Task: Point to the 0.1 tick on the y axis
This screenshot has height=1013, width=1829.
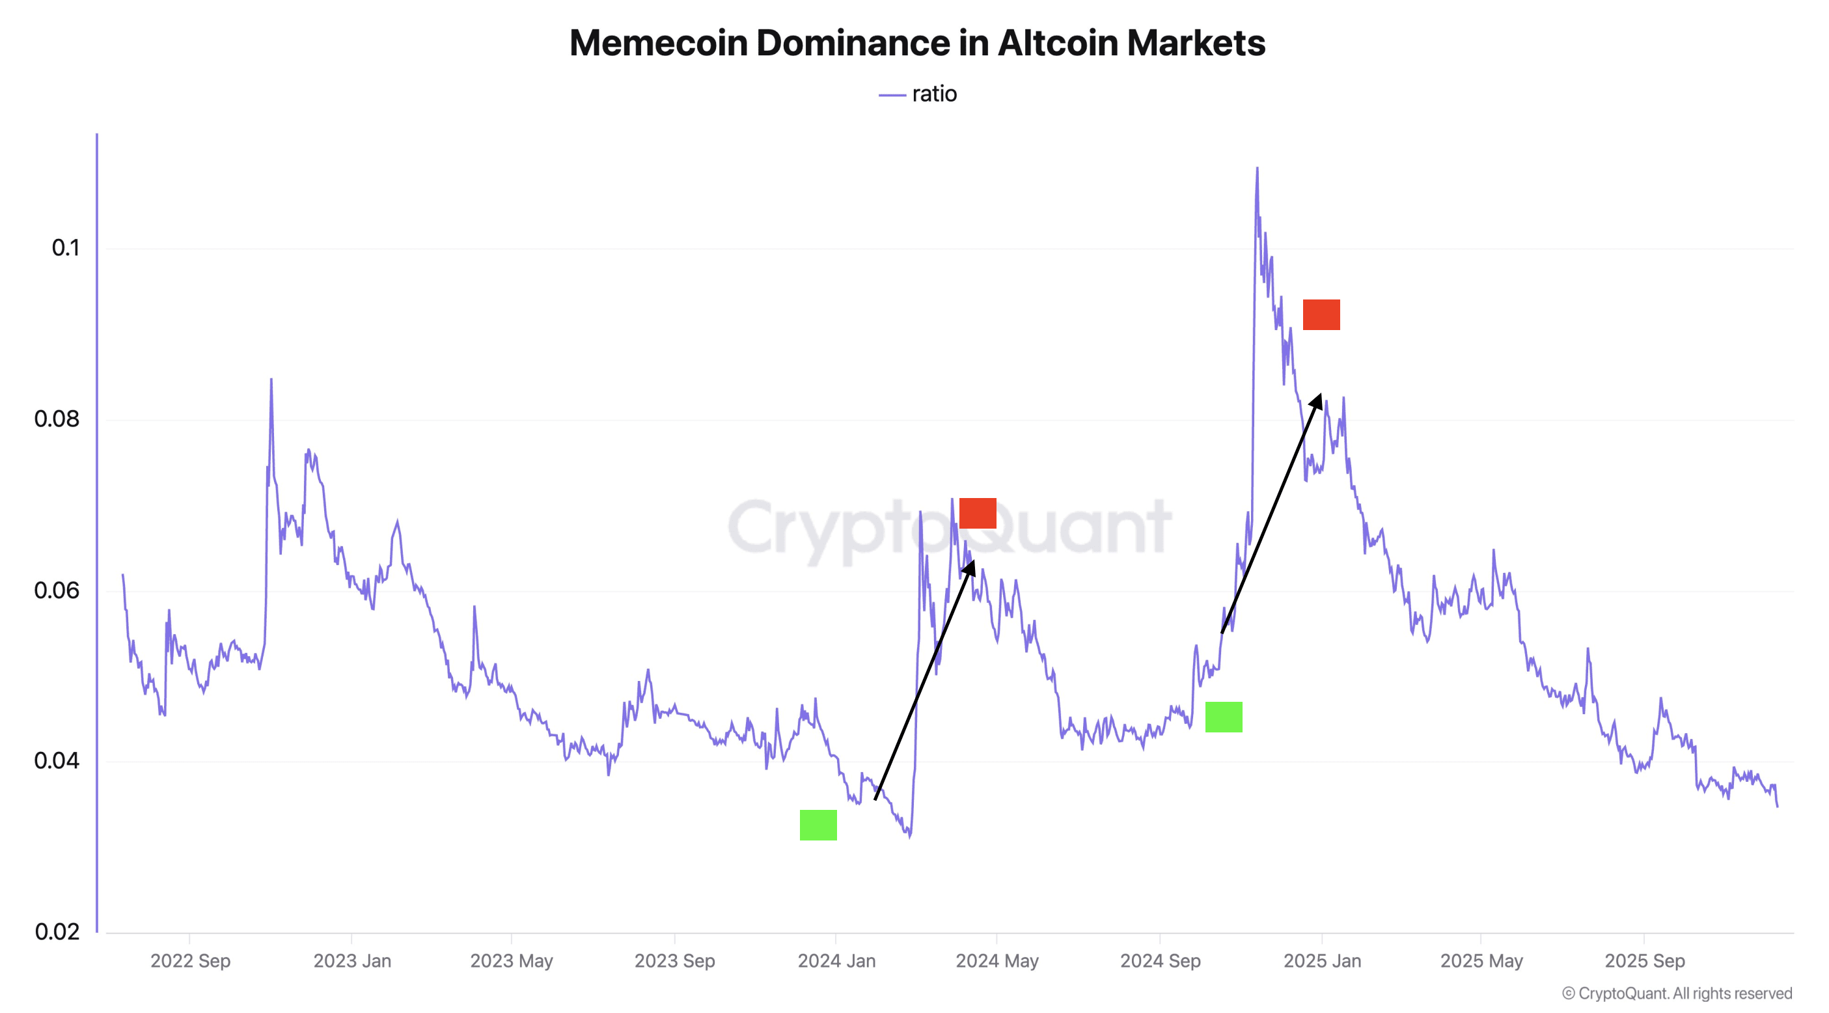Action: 65,248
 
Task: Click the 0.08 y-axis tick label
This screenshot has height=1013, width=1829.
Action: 57,419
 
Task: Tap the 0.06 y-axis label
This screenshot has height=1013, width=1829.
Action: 57,590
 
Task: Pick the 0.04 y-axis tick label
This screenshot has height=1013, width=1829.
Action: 57,761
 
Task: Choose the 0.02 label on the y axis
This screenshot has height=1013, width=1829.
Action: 57,932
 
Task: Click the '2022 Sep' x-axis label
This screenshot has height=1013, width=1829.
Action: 190,961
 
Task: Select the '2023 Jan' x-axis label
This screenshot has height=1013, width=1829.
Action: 352,961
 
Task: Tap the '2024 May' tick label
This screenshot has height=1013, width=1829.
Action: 997,961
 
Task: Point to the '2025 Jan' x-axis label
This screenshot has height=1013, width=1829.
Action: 1322,961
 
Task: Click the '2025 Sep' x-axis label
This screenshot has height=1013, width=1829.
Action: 1644,961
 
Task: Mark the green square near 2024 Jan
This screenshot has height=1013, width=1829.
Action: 818,825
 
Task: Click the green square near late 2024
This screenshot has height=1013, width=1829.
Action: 1224,717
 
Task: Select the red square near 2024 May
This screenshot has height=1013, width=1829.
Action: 978,513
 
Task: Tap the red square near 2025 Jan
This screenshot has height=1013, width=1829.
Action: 1321,314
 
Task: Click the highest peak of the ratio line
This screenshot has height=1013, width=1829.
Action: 1257,169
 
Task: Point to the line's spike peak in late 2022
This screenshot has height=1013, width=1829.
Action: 271,380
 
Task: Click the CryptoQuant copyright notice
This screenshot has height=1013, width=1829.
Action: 1677,993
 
